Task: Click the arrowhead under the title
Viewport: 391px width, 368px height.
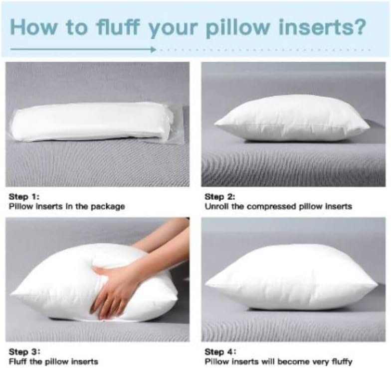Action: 153,49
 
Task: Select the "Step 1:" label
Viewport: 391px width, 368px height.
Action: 24,197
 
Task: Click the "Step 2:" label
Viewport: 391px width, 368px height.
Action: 219,197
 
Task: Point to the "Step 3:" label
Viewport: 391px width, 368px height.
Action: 24,352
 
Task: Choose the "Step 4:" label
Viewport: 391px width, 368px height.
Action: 220,352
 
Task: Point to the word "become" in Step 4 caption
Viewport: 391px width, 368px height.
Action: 290,362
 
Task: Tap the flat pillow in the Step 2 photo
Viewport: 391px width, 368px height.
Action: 292,119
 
